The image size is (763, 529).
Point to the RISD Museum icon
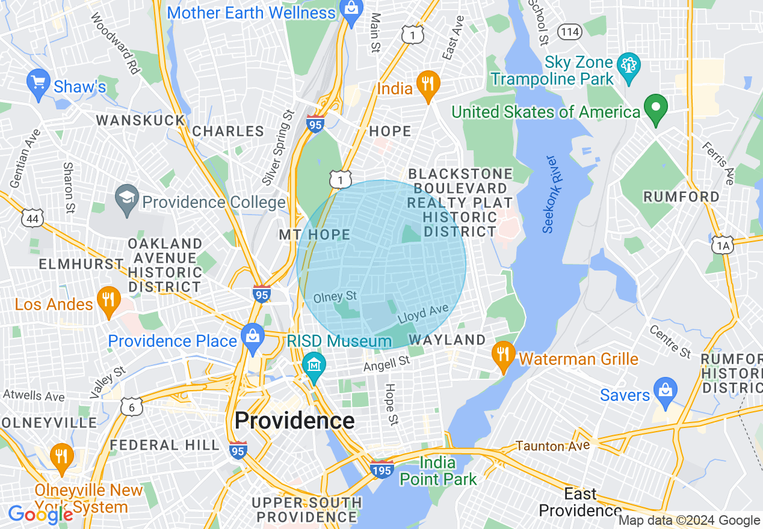314,364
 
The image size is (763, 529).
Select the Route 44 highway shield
32,219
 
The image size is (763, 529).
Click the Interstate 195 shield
381,469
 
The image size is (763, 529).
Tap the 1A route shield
722,245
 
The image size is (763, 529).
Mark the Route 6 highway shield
131,407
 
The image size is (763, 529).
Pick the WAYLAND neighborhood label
447,340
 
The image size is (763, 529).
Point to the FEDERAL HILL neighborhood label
165,445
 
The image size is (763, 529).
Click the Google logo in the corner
40,514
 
